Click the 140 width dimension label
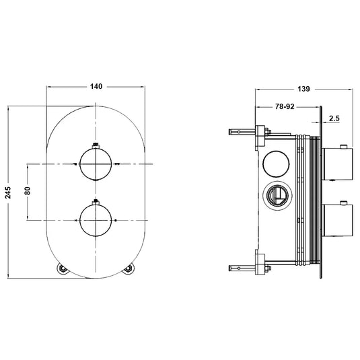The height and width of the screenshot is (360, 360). tap(95, 86)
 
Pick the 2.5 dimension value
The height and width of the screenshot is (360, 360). tap(334, 119)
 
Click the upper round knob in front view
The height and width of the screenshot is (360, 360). tap(95, 164)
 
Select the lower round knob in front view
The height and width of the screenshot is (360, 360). tap(95, 219)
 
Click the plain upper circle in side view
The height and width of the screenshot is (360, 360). tap(276, 163)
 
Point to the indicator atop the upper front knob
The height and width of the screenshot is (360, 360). tap(95, 144)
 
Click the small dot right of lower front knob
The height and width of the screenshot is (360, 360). tap(116, 219)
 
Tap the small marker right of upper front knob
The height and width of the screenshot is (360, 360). tap(117, 164)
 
